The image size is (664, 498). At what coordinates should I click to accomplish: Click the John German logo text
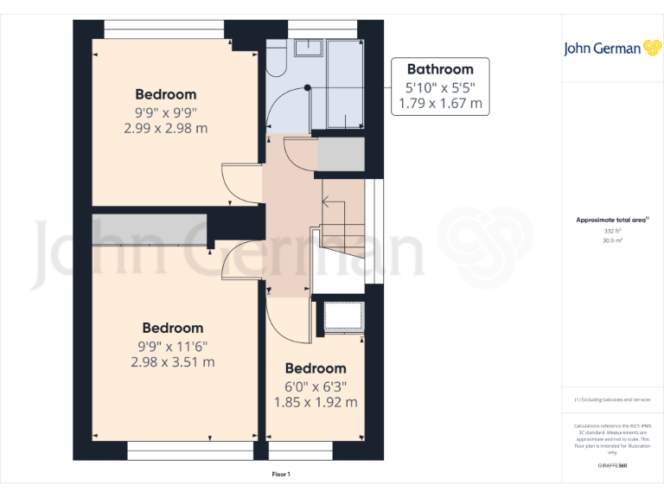tap(602, 48)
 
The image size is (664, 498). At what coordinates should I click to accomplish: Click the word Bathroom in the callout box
tap(440, 69)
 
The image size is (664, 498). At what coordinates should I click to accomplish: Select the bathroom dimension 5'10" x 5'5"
tap(440, 87)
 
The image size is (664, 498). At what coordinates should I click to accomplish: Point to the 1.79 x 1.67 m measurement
tap(440, 105)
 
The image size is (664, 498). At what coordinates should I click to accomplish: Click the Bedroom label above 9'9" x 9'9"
tap(165, 94)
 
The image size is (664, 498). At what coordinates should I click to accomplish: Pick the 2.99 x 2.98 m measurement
tap(165, 128)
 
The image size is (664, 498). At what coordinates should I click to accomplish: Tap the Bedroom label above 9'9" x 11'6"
tap(173, 328)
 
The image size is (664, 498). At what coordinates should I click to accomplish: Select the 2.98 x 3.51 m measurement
tap(173, 361)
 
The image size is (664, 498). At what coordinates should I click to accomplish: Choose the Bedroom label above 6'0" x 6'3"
tap(316, 368)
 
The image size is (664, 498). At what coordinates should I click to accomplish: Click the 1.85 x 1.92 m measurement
tap(316, 402)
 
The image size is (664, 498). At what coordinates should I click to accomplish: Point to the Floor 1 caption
tap(281, 474)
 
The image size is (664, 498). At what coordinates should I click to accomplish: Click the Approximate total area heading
tap(612, 220)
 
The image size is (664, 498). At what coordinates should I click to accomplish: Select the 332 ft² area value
tap(612, 231)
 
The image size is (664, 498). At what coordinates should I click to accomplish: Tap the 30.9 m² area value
tap(612, 240)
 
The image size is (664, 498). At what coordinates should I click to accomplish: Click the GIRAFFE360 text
tap(612, 466)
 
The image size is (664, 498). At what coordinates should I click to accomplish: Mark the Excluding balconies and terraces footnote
tap(612, 399)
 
